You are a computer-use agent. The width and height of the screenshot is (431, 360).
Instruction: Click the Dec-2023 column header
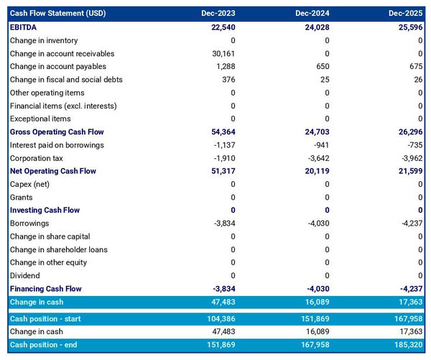pyautogui.click(x=219, y=14)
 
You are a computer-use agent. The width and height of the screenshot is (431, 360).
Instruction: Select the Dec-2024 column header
pyautogui.click(x=312, y=14)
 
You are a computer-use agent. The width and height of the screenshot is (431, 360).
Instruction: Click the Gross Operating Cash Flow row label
pyautogui.click(x=57, y=132)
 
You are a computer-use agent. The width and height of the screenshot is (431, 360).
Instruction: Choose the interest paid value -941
pyautogui.click(x=319, y=145)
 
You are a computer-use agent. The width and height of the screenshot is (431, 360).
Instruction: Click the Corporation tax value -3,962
pyautogui.click(x=409, y=158)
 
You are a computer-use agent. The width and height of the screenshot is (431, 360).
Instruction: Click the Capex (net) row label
pyautogui.click(x=31, y=184)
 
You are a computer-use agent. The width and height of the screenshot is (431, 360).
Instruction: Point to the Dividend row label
pyautogui.click(x=25, y=275)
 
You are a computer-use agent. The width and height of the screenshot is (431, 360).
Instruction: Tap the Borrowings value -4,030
pyautogui.click(x=317, y=223)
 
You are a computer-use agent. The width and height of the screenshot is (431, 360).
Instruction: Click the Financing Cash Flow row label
pyautogui.click(x=45, y=289)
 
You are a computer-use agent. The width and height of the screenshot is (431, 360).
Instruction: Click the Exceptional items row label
pyautogui.click(x=40, y=119)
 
